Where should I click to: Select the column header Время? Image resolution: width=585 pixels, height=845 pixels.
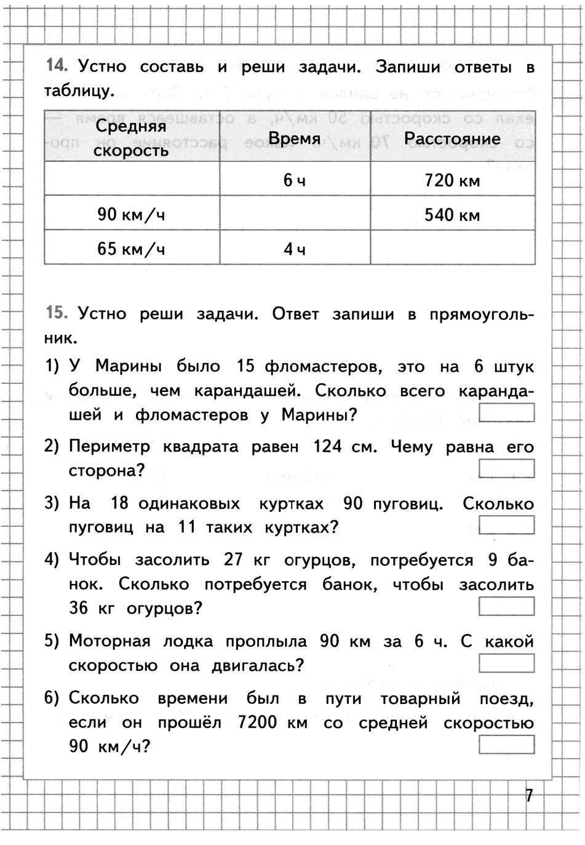point(295,138)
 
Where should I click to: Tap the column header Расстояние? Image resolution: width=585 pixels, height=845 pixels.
point(452,138)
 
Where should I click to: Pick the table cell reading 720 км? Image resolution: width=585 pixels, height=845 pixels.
point(452,180)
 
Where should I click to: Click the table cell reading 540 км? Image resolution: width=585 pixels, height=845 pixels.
point(452,215)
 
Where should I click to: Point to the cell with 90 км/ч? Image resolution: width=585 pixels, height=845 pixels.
point(131,215)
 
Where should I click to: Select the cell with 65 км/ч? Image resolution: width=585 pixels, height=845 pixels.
point(131,249)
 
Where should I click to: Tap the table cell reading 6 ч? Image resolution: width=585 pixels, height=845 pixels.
point(295,180)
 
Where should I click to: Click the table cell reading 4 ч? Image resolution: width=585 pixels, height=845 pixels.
point(295,249)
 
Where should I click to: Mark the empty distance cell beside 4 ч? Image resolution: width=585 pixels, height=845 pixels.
point(452,248)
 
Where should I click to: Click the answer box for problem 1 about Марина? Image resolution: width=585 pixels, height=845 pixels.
point(506,412)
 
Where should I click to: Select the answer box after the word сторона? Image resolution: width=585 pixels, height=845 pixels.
point(506,469)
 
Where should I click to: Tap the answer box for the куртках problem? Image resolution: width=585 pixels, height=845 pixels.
point(506,526)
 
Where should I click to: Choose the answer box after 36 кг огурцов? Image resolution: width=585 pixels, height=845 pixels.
point(506,607)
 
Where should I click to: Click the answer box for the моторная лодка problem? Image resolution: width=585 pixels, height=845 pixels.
point(506,663)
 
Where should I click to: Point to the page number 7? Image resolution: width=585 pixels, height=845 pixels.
point(528,796)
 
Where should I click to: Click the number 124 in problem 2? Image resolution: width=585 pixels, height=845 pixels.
point(327,446)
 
